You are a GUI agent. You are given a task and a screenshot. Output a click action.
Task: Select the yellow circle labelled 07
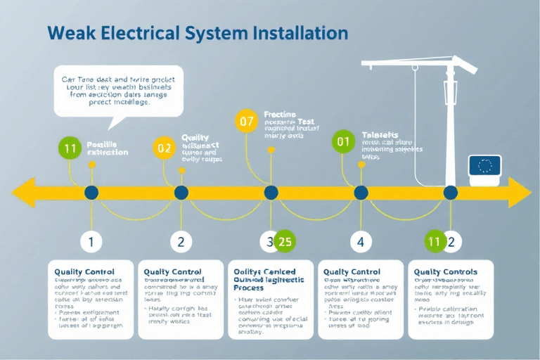(x=246, y=121)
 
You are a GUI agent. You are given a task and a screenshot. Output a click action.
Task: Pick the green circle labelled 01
(x=343, y=142)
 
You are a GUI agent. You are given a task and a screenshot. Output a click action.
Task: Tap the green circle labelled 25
(x=285, y=242)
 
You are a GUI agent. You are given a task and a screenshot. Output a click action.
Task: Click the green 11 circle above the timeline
(x=70, y=148)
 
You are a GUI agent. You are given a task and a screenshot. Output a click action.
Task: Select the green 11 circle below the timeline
(x=435, y=242)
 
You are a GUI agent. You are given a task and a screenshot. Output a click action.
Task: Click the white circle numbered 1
(x=91, y=242)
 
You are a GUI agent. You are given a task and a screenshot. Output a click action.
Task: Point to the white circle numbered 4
(x=361, y=242)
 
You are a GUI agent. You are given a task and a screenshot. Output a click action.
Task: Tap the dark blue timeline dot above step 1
(x=91, y=193)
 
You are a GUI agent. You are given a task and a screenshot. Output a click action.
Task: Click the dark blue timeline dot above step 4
(x=361, y=193)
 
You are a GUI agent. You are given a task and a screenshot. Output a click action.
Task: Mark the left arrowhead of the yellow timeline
(x=22, y=193)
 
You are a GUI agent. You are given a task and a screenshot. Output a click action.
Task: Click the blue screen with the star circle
(x=484, y=167)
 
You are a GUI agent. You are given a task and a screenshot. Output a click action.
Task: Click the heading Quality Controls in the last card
(x=446, y=272)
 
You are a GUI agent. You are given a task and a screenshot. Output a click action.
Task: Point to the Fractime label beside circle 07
(x=279, y=114)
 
